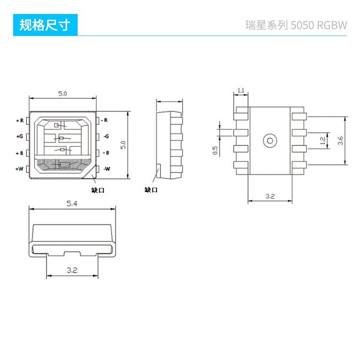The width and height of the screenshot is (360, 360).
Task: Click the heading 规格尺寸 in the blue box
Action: tap(44, 25)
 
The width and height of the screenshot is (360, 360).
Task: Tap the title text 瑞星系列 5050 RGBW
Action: tap(296, 25)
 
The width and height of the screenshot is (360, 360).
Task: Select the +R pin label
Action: tap(20, 120)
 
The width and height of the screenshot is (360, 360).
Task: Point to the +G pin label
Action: tap(20, 136)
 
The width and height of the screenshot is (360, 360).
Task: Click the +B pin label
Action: tap(20, 153)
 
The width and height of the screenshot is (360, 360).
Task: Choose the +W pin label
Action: tap(20, 169)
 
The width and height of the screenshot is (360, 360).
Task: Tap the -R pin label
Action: tap(105, 120)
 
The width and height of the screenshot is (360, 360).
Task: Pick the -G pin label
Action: tap(106, 136)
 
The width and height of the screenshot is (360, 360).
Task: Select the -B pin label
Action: tap(106, 153)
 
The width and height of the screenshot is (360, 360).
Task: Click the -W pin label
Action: tap(107, 169)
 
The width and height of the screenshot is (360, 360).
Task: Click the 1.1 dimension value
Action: tap(241, 90)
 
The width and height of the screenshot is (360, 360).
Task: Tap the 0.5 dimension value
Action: tap(216, 150)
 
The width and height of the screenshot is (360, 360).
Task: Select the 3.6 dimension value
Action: tap(340, 141)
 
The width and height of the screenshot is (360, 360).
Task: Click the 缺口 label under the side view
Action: tap(151, 190)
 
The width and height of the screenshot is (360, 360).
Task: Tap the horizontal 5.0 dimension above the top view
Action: tap(62, 94)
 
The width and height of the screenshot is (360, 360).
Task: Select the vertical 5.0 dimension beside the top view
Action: tap(123, 144)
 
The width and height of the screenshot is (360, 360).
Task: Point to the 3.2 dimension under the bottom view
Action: tap(270, 196)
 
